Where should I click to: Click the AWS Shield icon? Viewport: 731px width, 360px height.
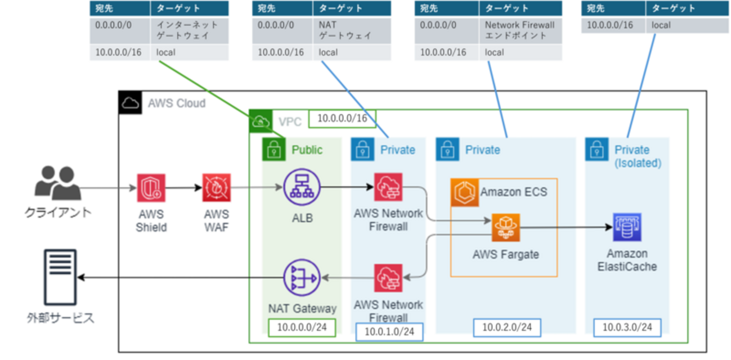click(x=151, y=188)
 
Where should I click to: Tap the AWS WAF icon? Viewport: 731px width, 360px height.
click(x=217, y=188)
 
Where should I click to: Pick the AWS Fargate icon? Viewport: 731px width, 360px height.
click(x=505, y=228)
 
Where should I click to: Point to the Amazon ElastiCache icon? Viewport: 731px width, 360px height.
click(x=627, y=227)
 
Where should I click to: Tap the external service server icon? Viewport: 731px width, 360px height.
click(x=59, y=277)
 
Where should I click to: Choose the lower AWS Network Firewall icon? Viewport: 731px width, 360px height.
click(x=388, y=278)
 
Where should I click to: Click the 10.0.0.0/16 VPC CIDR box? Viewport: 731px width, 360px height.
click(x=342, y=119)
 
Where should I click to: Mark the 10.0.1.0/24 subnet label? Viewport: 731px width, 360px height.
click(x=389, y=331)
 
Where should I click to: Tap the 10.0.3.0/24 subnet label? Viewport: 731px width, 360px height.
click(x=627, y=327)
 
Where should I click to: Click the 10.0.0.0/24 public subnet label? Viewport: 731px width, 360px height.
click(x=302, y=327)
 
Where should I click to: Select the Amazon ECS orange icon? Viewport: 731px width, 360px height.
click(x=463, y=192)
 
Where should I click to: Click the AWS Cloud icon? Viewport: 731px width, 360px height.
click(x=130, y=103)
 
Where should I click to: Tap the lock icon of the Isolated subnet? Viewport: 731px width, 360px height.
click(x=596, y=150)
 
